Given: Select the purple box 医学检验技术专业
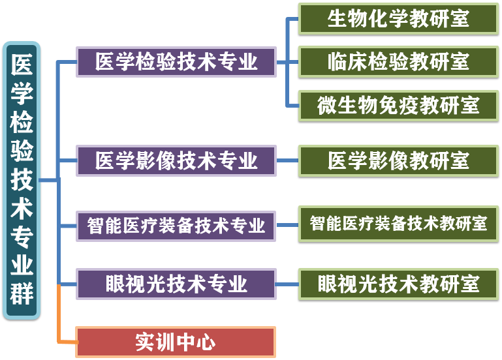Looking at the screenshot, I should point(176,62).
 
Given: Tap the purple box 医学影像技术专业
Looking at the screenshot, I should point(176,160).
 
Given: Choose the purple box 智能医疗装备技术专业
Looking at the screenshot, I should point(176,225).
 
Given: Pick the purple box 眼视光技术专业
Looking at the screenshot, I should point(176,284).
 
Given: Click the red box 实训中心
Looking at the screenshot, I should point(176,342).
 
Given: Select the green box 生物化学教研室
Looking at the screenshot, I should point(398,19).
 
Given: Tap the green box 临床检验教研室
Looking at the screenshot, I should point(398,62).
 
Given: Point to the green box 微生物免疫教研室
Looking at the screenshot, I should point(398,105).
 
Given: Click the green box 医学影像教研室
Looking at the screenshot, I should point(398,160).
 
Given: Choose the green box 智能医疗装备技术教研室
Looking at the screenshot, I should point(398,224).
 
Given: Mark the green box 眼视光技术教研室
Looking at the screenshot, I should point(398,284).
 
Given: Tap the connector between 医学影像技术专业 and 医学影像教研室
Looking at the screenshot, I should point(287,160).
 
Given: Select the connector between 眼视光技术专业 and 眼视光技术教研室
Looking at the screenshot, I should point(287,284).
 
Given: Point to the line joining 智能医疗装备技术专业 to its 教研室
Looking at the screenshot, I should point(287,225).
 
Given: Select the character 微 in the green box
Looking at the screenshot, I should point(327,105).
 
